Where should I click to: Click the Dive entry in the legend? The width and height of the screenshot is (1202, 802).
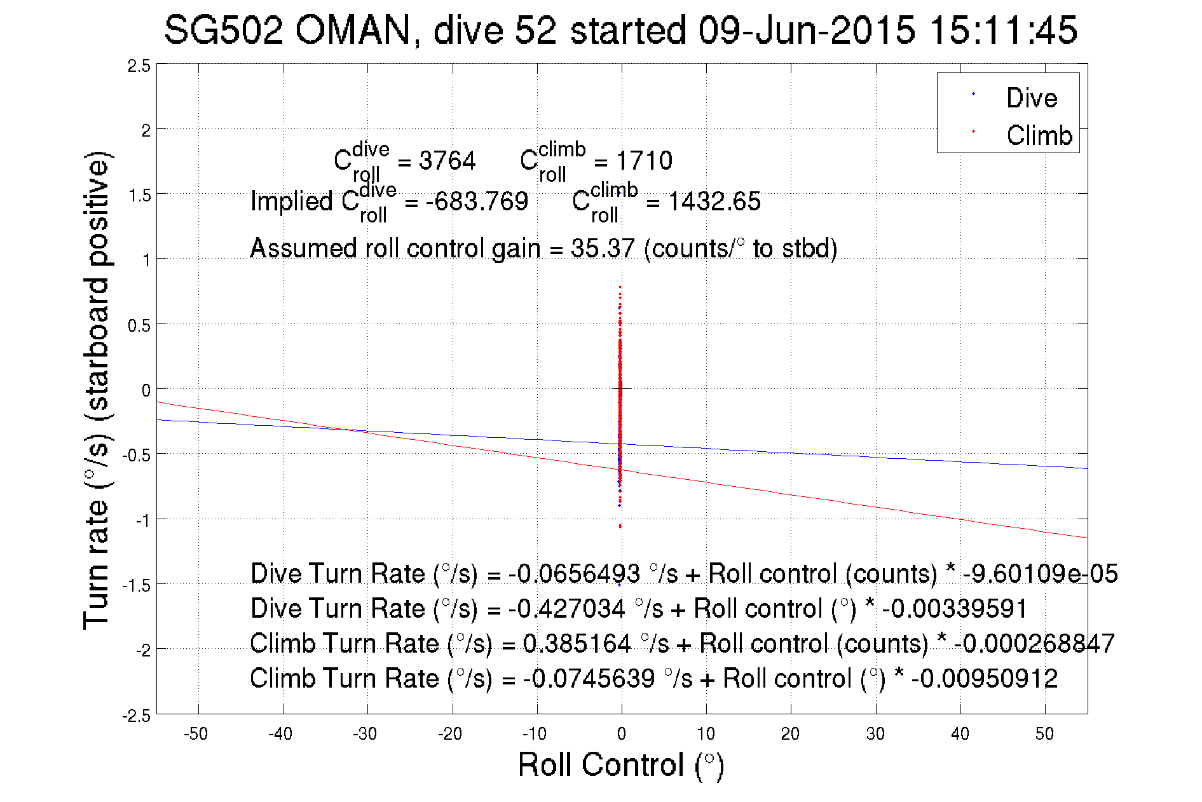coord(1031,98)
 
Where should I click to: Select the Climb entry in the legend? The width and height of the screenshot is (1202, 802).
coord(1039,135)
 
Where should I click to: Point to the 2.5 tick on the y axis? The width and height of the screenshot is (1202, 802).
coord(139,66)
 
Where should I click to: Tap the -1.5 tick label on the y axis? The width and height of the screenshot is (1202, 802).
coord(137,585)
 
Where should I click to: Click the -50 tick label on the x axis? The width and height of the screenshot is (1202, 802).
coord(196,734)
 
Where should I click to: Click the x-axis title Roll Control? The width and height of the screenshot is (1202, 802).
coord(620,765)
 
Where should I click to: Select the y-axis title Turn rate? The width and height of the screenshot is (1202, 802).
coord(97,390)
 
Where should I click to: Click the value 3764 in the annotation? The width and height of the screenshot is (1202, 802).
coord(447,161)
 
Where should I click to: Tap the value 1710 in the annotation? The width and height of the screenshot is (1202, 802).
coord(644,161)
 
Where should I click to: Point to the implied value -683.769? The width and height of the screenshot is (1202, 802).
coord(477,201)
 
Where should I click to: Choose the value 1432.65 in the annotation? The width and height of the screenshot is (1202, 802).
coord(714,201)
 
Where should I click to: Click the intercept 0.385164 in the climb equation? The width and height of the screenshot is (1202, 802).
coord(577,644)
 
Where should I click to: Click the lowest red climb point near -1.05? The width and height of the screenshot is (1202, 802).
coord(620,526)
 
